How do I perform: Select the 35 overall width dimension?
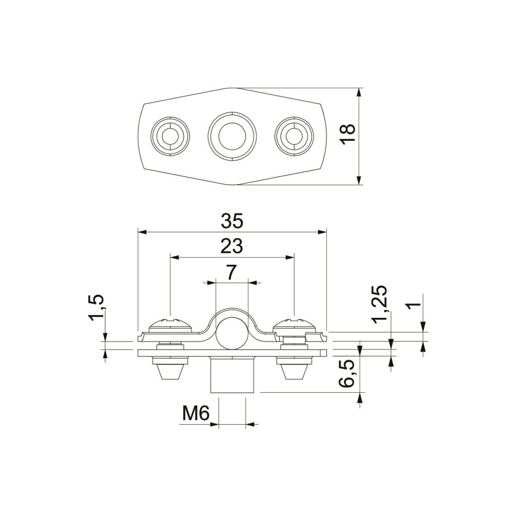(x=232, y=221)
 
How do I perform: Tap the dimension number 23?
(x=232, y=246)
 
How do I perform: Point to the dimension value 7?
(x=232, y=273)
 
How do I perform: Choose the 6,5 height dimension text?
(x=347, y=374)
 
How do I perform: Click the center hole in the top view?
(x=232, y=136)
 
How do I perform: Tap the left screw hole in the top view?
(x=170, y=136)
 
